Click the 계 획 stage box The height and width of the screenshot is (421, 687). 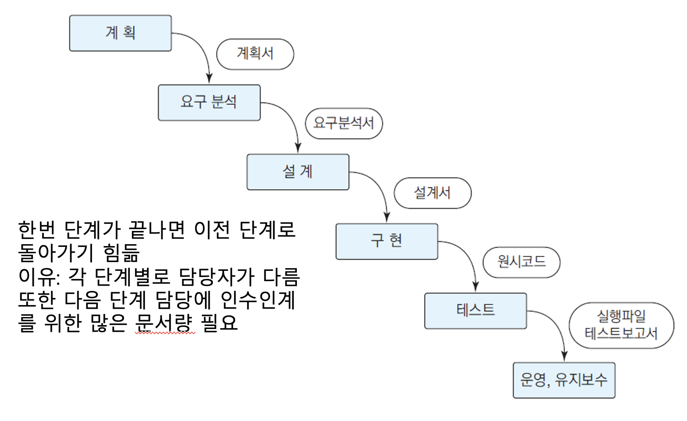click(x=120, y=33)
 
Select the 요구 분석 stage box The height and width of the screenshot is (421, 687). click(x=209, y=103)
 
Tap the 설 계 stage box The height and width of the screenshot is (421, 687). click(x=298, y=172)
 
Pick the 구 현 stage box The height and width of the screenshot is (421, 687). click(x=387, y=241)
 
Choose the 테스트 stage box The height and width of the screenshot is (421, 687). click(x=475, y=310)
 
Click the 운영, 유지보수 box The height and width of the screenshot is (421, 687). click(x=564, y=380)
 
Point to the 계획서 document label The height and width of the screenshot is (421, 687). click(x=255, y=54)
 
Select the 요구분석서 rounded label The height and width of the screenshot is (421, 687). click(x=343, y=123)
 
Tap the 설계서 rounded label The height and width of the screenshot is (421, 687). click(x=432, y=193)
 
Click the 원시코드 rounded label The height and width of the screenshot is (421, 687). click(x=521, y=262)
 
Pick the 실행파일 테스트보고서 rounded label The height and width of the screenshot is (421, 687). click(x=621, y=325)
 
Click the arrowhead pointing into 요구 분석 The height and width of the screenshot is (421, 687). click(x=209, y=79)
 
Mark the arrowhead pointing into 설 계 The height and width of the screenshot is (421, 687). click(x=298, y=148)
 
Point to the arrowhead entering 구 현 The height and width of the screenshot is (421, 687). click(x=387, y=218)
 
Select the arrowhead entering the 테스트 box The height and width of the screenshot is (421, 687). click(x=475, y=287)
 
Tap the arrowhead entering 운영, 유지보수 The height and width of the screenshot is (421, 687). click(x=564, y=356)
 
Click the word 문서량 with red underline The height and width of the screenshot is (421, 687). click(x=164, y=322)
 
